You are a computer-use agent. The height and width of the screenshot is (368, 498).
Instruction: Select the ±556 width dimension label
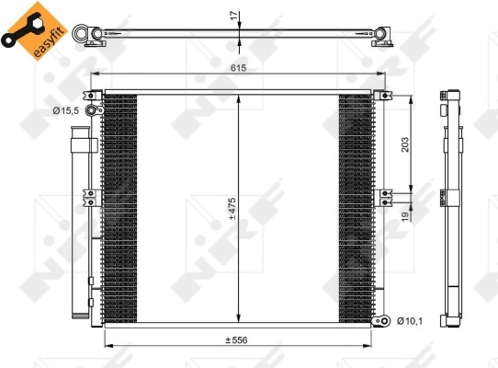241,339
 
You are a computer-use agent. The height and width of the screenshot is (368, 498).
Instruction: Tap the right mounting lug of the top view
381,36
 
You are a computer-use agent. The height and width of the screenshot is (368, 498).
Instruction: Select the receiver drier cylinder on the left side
84,221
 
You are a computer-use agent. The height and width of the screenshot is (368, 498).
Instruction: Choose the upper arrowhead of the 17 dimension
239,26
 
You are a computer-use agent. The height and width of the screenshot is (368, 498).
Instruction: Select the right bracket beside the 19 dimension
387,194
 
